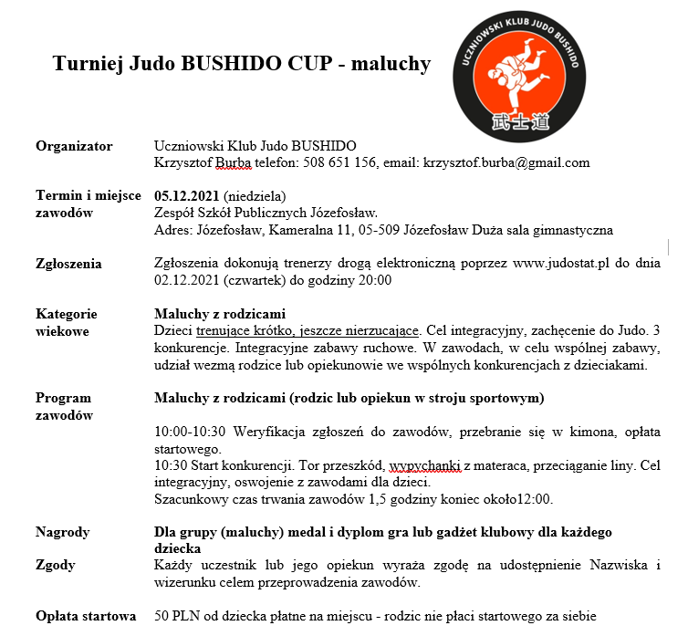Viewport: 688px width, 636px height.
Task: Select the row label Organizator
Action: point(74,146)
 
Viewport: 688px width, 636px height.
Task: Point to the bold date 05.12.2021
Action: point(187,196)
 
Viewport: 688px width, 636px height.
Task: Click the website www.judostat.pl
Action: point(553,264)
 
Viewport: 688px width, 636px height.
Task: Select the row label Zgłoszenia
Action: point(69,264)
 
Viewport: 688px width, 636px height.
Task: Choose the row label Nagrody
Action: point(62,532)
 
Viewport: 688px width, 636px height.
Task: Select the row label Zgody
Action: point(56,565)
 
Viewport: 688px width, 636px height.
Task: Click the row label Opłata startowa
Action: point(86,615)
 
